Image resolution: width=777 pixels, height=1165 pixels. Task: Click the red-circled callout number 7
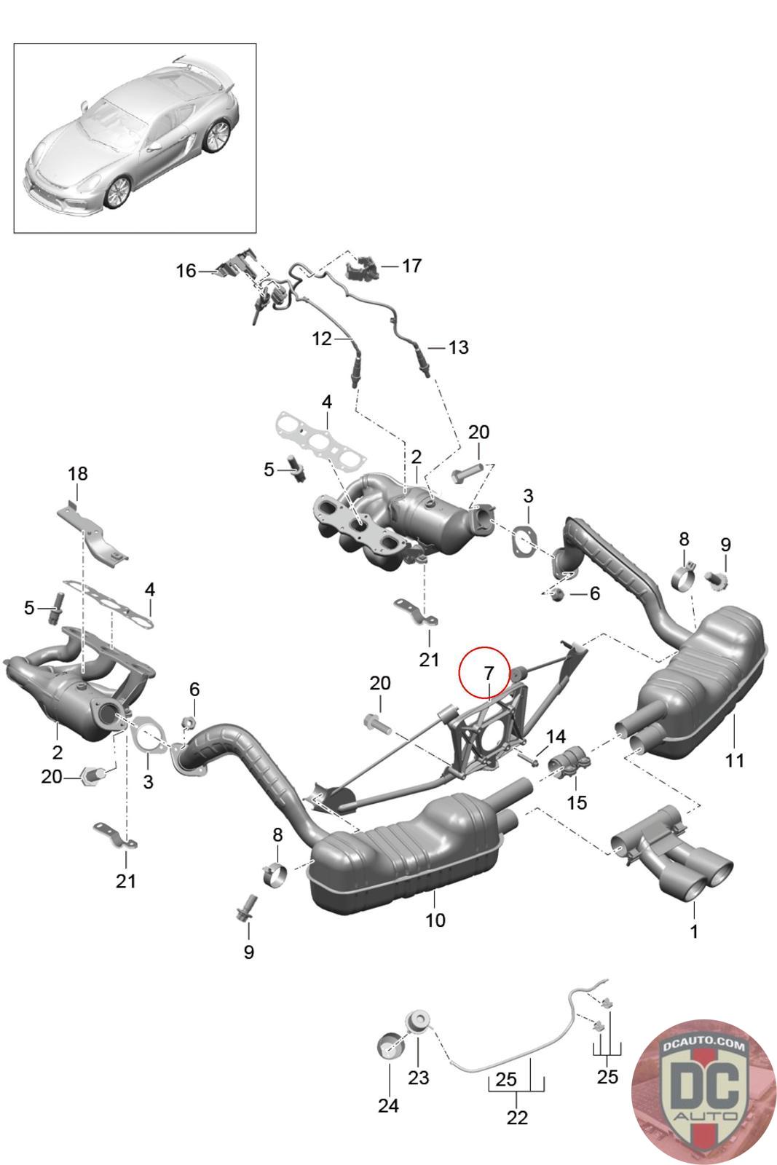488,672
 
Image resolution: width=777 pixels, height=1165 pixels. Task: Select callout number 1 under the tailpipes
694,931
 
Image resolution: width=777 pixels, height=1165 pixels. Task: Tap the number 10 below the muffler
435,920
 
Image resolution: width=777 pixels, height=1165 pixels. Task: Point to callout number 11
735,760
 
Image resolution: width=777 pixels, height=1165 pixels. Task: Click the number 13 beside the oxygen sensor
458,347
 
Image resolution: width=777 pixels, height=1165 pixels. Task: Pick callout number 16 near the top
186,271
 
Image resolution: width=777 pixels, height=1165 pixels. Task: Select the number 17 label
411,266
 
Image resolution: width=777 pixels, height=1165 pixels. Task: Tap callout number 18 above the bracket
78,473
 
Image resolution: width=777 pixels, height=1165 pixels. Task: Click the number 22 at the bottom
516,1117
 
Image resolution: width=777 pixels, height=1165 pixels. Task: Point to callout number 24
388,1105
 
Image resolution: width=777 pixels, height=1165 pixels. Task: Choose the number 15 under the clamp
577,802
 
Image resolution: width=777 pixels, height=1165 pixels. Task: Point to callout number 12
322,339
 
